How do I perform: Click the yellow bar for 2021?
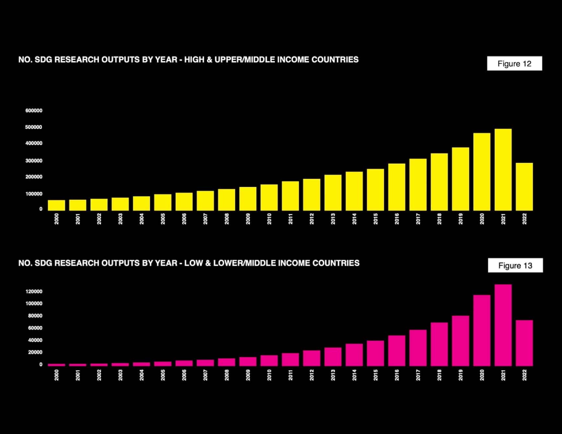pyautogui.click(x=503, y=170)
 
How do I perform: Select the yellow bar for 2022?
pyautogui.click(x=524, y=187)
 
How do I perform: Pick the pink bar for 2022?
pyautogui.click(x=524, y=343)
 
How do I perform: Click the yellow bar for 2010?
pyautogui.click(x=269, y=198)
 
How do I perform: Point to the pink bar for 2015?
pyautogui.click(x=375, y=353)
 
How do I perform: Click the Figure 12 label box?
pyautogui.click(x=514, y=63)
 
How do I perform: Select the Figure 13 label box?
pyautogui.click(x=515, y=266)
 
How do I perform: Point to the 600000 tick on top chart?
pyautogui.click(x=34, y=110)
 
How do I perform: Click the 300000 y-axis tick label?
pyautogui.click(x=34, y=161)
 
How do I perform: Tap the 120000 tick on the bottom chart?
pyautogui.click(x=34, y=291)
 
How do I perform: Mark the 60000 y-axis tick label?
pyautogui.click(x=35, y=328)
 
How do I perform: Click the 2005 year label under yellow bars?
pyautogui.click(x=163, y=219)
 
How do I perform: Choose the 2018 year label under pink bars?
pyautogui.click(x=439, y=375)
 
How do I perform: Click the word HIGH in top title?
pyautogui.click(x=193, y=60)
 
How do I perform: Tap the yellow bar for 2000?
pyautogui.click(x=56, y=205)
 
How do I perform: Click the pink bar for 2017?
pyautogui.click(x=418, y=348)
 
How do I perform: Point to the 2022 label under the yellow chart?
pyautogui.click(x=524, y=219)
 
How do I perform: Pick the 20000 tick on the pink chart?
pyautogui.click(x=35, y=352)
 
